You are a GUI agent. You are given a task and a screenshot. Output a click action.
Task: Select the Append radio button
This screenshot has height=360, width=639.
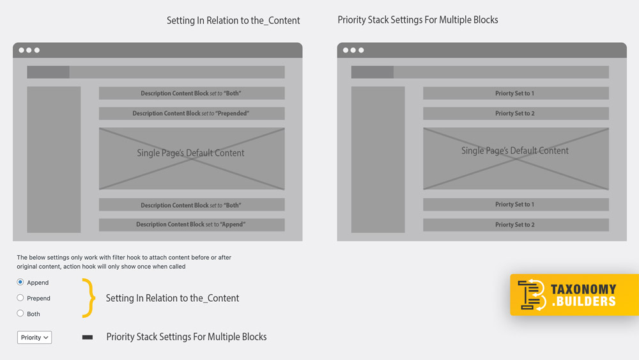(x=20, y=282)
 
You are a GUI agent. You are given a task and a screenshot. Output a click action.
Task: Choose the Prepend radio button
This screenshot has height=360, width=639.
(x=20, y=297)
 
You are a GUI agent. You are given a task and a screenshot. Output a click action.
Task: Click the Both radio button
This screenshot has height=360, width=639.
(x=20, y=313)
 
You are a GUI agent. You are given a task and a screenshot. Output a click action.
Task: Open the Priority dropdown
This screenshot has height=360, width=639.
(x=35, y=337)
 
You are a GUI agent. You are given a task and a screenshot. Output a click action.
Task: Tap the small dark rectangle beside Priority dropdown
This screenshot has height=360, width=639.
(x=87, y=337)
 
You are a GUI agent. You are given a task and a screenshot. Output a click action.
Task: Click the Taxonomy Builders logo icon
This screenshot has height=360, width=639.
(x=532, y=295)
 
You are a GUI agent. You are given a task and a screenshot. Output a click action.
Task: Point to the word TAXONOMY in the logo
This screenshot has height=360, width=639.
(x=583, y=289)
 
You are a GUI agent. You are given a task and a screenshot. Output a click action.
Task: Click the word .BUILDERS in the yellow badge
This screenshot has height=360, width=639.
(x=583, y=301)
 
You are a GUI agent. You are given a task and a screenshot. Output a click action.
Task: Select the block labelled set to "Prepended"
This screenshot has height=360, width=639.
(x=192, y=113)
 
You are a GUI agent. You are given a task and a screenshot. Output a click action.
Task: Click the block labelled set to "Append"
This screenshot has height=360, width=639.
(x=192, y=224)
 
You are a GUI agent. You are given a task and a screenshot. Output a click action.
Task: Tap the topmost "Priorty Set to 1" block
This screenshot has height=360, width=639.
(x=516, y=93)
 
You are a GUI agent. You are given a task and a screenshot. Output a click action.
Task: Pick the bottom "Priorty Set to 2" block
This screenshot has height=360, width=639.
(x=516, y=224)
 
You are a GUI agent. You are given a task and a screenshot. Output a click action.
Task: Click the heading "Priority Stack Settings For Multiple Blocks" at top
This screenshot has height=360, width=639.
(x=418, y=20)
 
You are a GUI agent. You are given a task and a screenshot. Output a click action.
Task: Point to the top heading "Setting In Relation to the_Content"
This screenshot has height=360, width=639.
(x=233, y=20)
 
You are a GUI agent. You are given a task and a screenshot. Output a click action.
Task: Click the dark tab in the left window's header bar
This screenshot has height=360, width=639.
(x=48, y=72)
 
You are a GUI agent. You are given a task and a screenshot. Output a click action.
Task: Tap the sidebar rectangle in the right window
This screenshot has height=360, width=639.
(x=378, y=159)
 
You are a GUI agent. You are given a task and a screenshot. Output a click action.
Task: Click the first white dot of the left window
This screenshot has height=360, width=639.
(x=21, y=50)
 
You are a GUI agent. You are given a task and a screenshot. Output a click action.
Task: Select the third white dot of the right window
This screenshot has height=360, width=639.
(x=361, y=50)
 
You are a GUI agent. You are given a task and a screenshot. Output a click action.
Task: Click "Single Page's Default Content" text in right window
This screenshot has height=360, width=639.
(x=514, y=151)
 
